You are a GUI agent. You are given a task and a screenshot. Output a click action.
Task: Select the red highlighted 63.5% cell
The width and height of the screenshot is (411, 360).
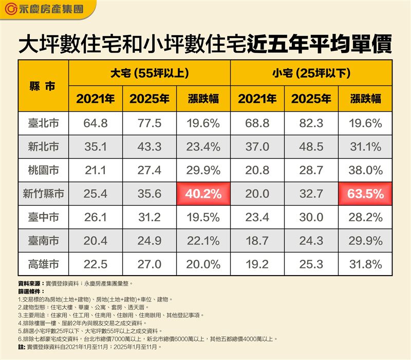pos(365,193)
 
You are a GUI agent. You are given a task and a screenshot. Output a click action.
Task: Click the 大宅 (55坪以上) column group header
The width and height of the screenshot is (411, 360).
pos(150,73)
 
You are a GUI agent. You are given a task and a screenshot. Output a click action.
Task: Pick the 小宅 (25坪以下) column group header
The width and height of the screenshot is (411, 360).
pos(311,73)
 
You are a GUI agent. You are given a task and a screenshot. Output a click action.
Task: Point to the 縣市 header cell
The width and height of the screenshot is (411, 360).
pos(43,86)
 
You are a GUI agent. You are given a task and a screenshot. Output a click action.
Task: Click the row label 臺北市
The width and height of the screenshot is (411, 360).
pos(43,123)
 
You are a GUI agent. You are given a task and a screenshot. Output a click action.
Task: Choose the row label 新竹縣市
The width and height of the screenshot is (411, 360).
pos(43,193)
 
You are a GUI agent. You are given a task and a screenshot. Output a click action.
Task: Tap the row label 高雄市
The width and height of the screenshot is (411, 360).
pos(43,264)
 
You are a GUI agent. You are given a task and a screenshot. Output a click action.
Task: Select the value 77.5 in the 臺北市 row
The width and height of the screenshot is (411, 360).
pos(150,123)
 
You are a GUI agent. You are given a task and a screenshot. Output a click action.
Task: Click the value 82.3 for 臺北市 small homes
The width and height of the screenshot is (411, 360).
pos(311,123)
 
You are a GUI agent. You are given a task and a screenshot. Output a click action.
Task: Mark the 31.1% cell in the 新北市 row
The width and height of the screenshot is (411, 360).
pos(365,147)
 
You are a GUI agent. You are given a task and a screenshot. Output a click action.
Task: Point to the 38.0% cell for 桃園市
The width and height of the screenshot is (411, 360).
pos(365,170)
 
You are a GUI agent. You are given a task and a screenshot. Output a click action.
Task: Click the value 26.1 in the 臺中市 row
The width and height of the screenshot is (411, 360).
pos(96,217)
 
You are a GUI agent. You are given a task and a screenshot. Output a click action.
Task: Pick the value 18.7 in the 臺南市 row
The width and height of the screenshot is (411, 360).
pos(257,241)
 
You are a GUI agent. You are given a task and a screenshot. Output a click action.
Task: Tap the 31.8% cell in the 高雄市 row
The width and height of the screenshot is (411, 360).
pos(365,264)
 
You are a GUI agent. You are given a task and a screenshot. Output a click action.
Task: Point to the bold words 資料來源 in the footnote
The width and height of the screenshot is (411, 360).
pos(30,283)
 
